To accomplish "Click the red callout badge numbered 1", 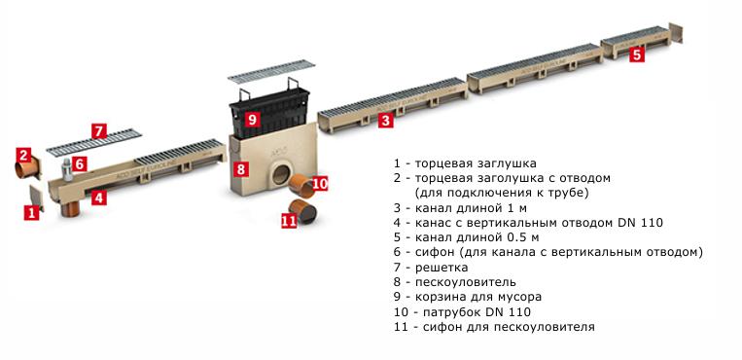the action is coord(32,213).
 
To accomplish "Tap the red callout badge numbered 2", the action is coord(23,155).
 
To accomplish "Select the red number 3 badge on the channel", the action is coord(386,121).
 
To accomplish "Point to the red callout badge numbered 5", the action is coord(637,54).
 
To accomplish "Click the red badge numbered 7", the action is coord(99,131).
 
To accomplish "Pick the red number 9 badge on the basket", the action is coord(252,119).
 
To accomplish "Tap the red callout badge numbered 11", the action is coord(289,220).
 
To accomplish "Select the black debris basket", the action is coord(269,112).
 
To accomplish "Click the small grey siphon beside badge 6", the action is coord(68,170).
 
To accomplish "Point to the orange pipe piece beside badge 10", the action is coord(301,186).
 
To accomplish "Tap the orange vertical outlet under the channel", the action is coord(71,208).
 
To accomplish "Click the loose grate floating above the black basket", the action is coord(270,72).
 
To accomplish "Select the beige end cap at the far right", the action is coord(676,33).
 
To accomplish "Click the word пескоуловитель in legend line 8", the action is coord(466,282).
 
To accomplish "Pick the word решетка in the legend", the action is coord(442,268).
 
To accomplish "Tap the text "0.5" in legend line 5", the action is coord(512,236).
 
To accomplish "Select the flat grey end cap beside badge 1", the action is coord(37,198).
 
